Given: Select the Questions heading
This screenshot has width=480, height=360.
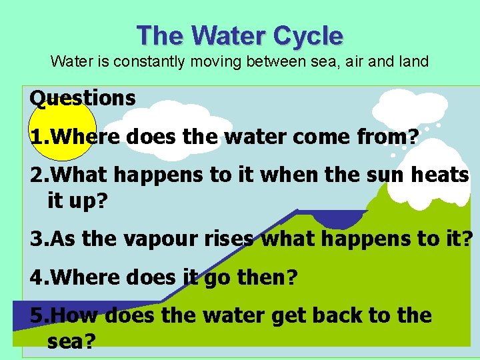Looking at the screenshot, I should coord(83,99).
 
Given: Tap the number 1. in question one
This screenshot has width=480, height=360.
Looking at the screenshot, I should coord(39,137).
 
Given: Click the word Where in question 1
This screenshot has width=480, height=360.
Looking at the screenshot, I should coord(85,137).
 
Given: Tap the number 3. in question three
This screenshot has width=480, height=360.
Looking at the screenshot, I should coord(39,239).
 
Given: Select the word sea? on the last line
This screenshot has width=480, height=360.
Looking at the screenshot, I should coord(71,341).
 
